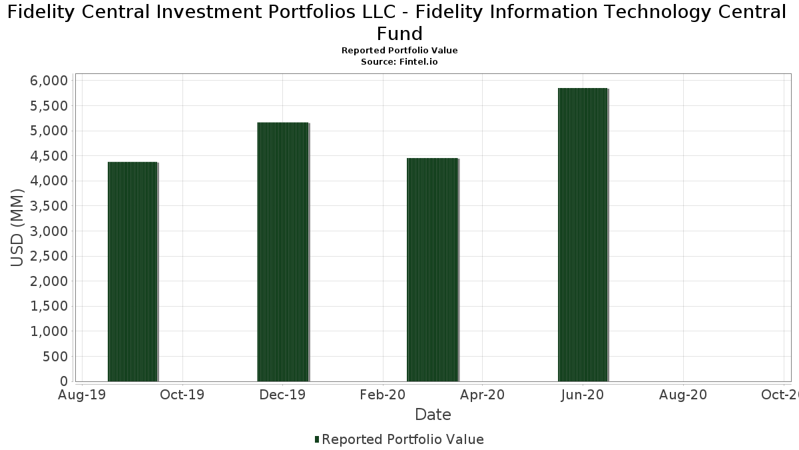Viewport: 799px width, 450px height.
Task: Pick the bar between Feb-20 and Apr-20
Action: (x=432, y=269)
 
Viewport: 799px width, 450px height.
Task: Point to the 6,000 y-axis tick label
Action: (x=50, y=81)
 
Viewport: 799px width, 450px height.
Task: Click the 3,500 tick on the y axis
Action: (x=50, y=206)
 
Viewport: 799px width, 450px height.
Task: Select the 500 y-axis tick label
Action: (x=56, y=357)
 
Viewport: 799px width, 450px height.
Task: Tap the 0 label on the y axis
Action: (x=64, y=381)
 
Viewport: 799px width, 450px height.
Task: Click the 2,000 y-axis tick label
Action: (x=50, y=281)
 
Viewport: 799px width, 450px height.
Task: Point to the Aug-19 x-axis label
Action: (x=82, y=395)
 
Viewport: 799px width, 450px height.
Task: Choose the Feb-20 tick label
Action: (x=383, y=395)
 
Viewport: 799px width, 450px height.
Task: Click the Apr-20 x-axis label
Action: (x=483, y=395)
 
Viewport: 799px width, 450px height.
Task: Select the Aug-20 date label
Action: (x=682, y=395)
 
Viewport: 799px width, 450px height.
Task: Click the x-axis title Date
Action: (x=433, y=415)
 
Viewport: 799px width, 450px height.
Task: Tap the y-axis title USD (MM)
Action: (x=17, y=228)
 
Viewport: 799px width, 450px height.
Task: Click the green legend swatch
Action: (x=317, y=439)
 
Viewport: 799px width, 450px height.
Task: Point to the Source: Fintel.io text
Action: (x=400, y=61)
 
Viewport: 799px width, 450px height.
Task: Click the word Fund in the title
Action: (x=400, y=33)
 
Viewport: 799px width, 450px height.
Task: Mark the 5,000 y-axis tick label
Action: (x=50, y=131)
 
